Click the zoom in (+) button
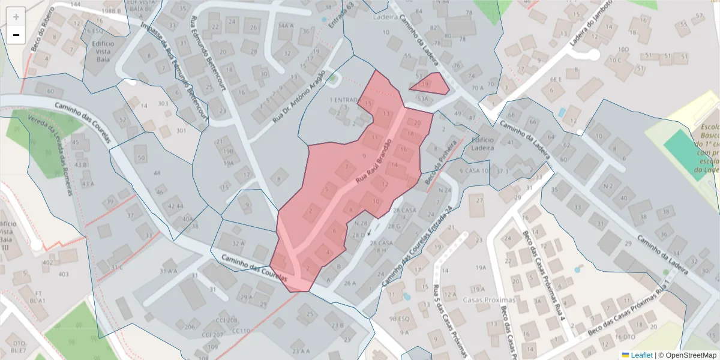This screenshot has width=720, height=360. pyautogui.click(x=16, y=17)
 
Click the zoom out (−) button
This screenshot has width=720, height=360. pyautogui.click(x=16, y=35)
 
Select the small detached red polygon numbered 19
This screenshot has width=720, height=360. pyautogui.click(x=431, y=84)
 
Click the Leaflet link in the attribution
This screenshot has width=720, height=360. pyautogui.click(x=641, y=355)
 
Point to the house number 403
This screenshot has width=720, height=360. pyautogui.click(x=63, y=274)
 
